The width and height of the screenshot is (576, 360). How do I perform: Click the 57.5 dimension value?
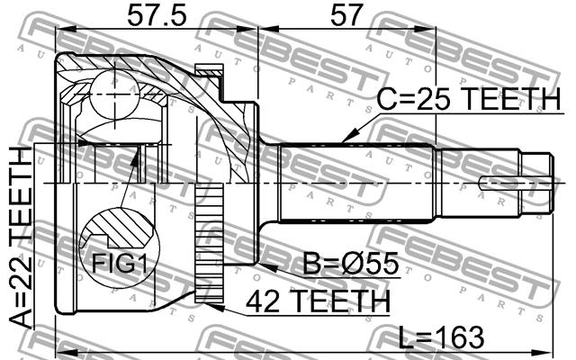click(157, 16)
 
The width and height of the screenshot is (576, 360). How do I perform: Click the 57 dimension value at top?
click(346, 15)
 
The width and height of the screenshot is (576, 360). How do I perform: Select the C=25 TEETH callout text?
click(469, 99)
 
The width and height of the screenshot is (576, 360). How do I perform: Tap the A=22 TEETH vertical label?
click(21, 238)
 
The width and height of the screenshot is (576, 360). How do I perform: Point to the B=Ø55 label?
click(350, 263)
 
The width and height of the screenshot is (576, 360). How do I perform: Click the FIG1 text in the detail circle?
click(119, 263)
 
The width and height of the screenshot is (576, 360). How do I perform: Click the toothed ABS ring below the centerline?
click(209, 244)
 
